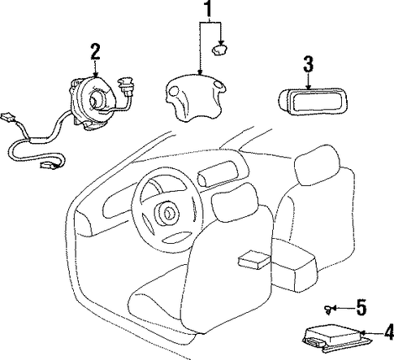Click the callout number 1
click(x=208, y=8)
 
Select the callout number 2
click(x=95, y=52)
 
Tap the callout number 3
click(x=308, y=64)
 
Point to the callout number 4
click(x=389, y=332)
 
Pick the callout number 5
click(x=362, y=307)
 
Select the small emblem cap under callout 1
click(x=219, y=50)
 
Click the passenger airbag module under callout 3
click(x=313, y=102)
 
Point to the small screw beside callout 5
click(x=328, y=309)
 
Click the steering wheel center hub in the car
click(x=167, y=212)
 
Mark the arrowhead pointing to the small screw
click(x=335, y=308)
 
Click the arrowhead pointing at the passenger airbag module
click(x=308, y=86)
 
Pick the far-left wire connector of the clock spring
click(x=7, y=117)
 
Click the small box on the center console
click(x=253, y=260)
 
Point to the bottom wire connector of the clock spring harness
click(x=49, y=165)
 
